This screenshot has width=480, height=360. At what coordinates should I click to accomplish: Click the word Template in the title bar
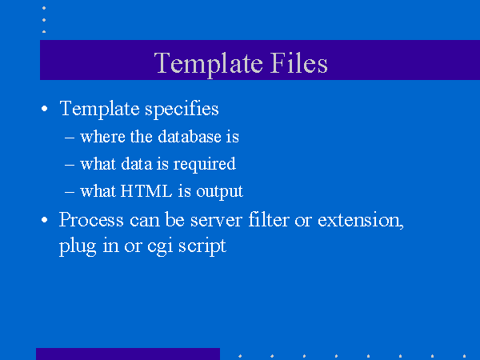(x=209, y=64)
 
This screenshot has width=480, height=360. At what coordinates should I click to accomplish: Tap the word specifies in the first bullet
(x=182, y=110)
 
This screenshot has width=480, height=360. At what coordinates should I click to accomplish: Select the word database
(x=190, y=137)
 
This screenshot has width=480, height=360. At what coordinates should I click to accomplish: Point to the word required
(x=205, y=165)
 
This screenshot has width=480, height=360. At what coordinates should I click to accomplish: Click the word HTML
(x=146, y=191)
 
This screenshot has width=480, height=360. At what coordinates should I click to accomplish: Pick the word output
(x=219, y=192)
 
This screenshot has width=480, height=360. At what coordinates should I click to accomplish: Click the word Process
(x=91, y=219)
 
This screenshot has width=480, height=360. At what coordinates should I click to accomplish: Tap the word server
(x=216, y=221)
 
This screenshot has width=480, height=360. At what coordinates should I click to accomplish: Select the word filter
(x=269, y=219)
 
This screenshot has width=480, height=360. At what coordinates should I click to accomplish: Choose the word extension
(x=360, y=220)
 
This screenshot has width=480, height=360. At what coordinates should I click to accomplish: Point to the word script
(x=202, y=246)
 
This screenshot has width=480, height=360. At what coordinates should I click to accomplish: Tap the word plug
(x=78, y=246)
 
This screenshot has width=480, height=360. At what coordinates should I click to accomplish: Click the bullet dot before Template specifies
(x=44, y=108)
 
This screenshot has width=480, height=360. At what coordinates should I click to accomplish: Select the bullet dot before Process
(x=44, y=220)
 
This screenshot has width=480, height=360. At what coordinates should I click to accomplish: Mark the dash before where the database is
(x=70, y=138)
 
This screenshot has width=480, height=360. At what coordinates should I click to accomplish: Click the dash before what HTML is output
(x=70, y=192)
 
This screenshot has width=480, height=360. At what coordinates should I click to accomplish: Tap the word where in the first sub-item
(x=102, y=137)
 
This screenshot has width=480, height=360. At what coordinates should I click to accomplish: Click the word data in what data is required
(x=137, y=164)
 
